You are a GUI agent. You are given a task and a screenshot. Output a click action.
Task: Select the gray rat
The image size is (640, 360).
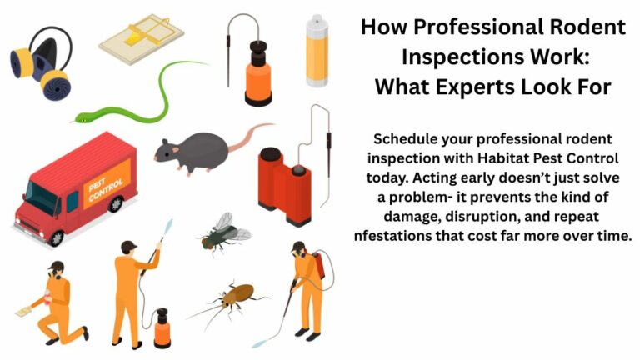(196, 149)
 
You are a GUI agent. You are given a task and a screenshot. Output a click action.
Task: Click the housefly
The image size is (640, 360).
(222, 232)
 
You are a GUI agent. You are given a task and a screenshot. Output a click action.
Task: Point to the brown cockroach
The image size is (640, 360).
(234, 297)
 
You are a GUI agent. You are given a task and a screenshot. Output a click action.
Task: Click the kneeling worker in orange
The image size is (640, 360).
(59, 301)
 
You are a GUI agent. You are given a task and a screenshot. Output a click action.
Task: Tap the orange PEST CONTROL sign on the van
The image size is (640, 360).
(109, 183)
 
